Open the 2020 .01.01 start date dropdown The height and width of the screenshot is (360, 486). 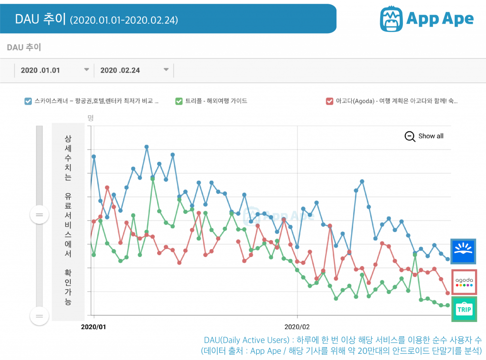point(86,70)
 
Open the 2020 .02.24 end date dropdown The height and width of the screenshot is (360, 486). point(166,70)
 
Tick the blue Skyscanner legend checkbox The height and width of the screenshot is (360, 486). point(28,101)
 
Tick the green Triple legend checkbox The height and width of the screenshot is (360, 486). point(179,101)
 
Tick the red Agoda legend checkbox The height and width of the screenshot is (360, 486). point(329,101)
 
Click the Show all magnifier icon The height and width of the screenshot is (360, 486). point(410,136)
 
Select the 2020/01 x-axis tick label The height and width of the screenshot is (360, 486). point(94,327)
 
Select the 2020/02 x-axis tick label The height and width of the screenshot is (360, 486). point(297,327)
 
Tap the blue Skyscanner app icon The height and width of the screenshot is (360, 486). point(463,251)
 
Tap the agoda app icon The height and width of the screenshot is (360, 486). point(464,282)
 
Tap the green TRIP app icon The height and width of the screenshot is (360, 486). point(464,309)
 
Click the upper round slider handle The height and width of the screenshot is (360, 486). point(39,215)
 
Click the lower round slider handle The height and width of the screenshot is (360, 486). point(39,316)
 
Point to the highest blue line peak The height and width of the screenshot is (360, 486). point(147,147)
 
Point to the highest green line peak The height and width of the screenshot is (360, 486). point(153,179)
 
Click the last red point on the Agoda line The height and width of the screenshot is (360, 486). point(448,293)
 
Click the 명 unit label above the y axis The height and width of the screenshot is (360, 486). point(91,118)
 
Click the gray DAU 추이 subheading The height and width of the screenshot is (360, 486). point(24,47)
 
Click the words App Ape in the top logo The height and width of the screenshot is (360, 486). point(440,18)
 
